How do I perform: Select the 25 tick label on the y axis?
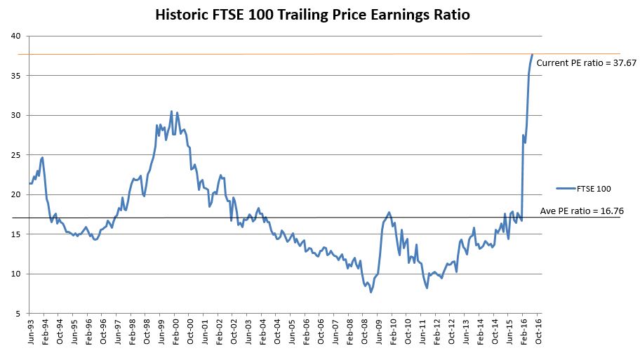tap(15, 155)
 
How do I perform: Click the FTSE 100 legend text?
tap(594, 188)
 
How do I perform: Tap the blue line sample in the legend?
tap(565, 188)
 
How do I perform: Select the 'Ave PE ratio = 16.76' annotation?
tap(582, 210)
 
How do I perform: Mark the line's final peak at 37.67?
tap(532, 55)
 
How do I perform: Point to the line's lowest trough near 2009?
tap(371, 291)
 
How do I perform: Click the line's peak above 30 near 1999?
tap(171, 111)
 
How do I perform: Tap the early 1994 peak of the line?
tap(42, 157)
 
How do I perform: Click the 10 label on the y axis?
tap(15, 274)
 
